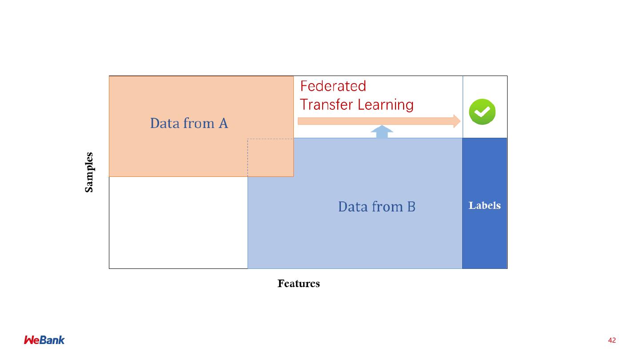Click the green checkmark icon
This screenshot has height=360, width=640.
pos(482,112)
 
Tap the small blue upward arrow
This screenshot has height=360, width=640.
pos(382,132)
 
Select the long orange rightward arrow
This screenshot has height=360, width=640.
pos(378,121)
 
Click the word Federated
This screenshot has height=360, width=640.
pos(333,86)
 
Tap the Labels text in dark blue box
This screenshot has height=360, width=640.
pos(484,205)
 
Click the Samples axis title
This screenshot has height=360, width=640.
pos(89,172)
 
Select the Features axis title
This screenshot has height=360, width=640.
pos(299,284)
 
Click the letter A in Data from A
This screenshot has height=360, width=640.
pos(223,123)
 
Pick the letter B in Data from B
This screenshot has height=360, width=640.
pos(411,207)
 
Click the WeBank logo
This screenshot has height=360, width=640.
pos(44,340)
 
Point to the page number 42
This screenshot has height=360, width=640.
pos(612,340)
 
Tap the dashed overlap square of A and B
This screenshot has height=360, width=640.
pos(270,157)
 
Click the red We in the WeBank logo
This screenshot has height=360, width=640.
pos(32,340)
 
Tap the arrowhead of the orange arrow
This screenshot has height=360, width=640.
pos(456,121)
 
